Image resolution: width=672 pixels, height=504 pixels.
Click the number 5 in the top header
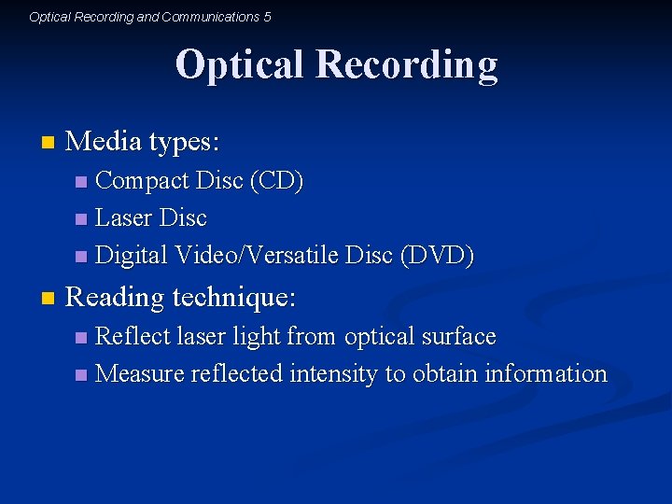(x=267, y=17)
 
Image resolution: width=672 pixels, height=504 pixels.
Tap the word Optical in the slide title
(x=240, y=65)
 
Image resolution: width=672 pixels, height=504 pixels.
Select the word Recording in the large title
(x=406, y=65)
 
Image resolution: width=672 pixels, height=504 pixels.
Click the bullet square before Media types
(x=48, y=144)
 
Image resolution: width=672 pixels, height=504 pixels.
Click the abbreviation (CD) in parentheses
(x=276, y=180)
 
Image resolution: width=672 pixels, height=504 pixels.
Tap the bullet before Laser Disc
(x=81, y=219)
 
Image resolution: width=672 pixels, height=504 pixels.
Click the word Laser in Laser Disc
(x=124, y=217)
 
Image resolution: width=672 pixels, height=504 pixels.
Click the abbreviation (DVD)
(x=436, y=255)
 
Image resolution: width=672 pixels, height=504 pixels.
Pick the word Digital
(x=133, y=255)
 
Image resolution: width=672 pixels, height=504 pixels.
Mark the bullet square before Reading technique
(x=48, y=300)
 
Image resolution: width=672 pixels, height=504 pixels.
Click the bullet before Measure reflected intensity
(x=81, y=375)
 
